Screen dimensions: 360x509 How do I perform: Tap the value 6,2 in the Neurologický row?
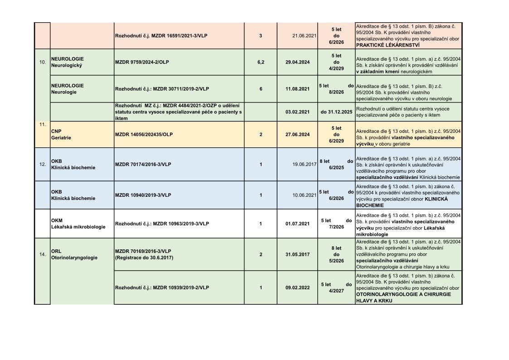tap(261, 62)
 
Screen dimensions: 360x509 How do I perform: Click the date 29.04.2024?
tap(298, 62)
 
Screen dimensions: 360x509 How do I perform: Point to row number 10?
tap(42, 62)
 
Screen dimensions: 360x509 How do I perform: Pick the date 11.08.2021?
tap(298, 89)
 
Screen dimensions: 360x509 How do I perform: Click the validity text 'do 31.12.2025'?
tap(336, 112)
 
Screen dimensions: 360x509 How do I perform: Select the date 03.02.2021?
tap(298, 112)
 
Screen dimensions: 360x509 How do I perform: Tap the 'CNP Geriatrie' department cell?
tap(61, 134)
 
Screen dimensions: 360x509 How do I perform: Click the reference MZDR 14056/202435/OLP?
tap(144, 134)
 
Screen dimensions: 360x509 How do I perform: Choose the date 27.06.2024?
tap(298, 134)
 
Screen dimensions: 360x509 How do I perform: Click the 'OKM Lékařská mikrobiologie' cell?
tap(78, 224)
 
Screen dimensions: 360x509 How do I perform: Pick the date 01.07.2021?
tap(298, 224)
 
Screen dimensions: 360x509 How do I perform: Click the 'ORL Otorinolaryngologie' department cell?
tap(74, 254)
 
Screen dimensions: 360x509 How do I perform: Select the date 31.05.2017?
tap(298, 254)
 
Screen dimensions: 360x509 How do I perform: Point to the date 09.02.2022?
tap(298, 287)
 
